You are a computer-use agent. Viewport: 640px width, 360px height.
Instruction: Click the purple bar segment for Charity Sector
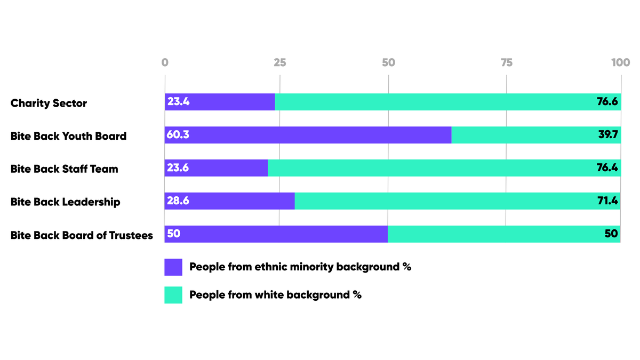click(220, 102)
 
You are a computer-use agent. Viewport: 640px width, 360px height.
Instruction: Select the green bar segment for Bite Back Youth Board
click(536, 135)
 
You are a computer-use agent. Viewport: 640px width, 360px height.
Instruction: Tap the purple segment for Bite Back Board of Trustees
click(276, 234)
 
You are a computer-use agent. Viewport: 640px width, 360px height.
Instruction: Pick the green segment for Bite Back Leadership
click(457, 201)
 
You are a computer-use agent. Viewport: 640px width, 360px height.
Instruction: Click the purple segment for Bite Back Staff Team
click(216, 168)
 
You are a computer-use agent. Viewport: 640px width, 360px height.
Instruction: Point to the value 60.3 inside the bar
click(178, 135)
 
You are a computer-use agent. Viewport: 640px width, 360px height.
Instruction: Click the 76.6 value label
click(607, 102)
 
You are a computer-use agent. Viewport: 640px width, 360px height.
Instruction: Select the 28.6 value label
click(178, 201)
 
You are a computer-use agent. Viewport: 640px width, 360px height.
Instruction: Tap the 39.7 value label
click(607, 135)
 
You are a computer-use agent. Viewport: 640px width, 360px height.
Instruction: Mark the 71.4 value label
click(607, 201)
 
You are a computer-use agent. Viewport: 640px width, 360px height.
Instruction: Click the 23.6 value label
click(178, 168)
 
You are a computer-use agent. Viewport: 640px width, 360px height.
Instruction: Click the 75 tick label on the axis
click(506, 62)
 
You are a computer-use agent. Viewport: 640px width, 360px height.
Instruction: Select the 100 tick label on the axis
click(620, 62)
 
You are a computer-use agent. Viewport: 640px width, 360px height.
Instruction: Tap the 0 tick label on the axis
click(165, 62)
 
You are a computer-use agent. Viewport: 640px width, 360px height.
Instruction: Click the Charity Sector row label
click(49, 103)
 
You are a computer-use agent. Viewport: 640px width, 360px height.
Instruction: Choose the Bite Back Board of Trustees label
click(82, 235)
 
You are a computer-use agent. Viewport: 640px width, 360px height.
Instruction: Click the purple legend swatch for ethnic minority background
click(173, 267)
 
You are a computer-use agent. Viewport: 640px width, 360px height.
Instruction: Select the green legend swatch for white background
click(173, 295)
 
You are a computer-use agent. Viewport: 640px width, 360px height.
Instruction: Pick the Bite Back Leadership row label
click(66, 202)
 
